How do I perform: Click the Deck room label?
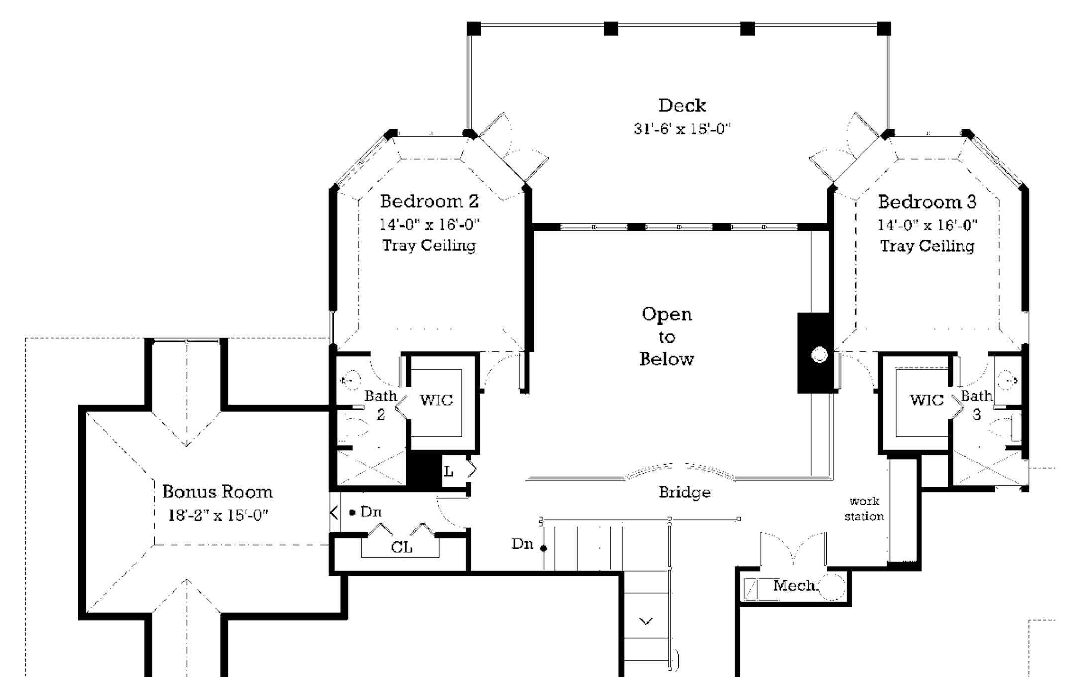coord(682,105)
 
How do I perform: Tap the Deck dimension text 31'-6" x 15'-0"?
coord(682,129)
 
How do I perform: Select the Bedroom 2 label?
coord(429,201)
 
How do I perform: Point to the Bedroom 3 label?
coord(927,202)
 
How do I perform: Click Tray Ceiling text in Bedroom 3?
coord(927,246)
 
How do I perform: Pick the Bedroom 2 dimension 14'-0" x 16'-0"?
coord(429,225)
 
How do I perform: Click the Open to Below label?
coord(666,336)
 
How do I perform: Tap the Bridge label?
coord(684,492)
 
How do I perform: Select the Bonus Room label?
coord(217,492)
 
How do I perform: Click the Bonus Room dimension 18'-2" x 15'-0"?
coord(218,515)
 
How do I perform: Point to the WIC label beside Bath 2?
coord(436,400)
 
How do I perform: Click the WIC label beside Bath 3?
coord(926,400)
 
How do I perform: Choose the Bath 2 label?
coord(381,405)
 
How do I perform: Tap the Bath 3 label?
coord(976,405)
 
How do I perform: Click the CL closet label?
coord(401,547)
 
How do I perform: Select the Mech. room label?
coord(795,586)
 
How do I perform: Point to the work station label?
coord(864,509)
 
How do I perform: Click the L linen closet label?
coord(448,471)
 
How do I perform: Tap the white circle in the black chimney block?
coord(819,355)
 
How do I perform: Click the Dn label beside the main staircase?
coord(522,544)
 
